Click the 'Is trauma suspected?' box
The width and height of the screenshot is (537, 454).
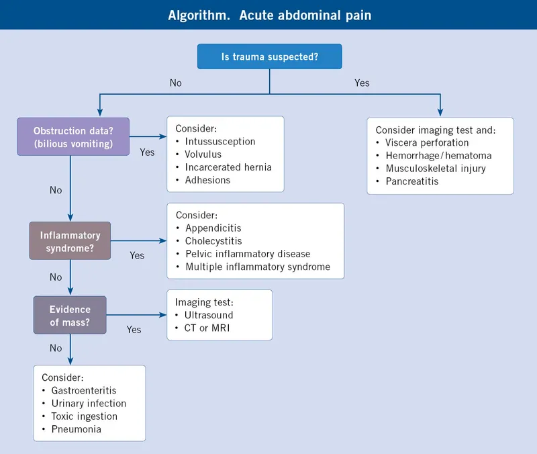click(x=269, y=57)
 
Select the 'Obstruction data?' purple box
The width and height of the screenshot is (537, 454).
click(x=73, y=137)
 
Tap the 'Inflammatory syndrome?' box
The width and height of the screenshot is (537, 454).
click(x=70, y=241)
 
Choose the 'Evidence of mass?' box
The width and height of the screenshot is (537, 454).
click(x=70, y=315)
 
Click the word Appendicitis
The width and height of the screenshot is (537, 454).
click(x=213, y=228)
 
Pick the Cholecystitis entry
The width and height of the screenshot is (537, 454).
click(x=213, y=241)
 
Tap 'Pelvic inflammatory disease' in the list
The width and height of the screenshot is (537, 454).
click(x=248, y=254)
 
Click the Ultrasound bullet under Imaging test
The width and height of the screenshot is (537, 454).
click(x=208, y=315)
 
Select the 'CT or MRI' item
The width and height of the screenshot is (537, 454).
click(x=207, y=328)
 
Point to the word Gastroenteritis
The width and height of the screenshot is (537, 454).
click(x=84, y=390)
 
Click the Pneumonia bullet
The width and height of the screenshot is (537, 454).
click(x=76, y=428)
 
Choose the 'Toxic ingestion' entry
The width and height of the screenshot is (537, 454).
click(x=84, y=416)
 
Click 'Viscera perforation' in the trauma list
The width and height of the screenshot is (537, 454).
click(x=427, y=142)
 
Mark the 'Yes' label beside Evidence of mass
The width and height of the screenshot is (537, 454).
click(x=134, y=329)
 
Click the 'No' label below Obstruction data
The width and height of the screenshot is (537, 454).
click(x=56, y=190)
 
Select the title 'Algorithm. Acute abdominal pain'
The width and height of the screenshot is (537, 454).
click(x=268, y=15)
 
